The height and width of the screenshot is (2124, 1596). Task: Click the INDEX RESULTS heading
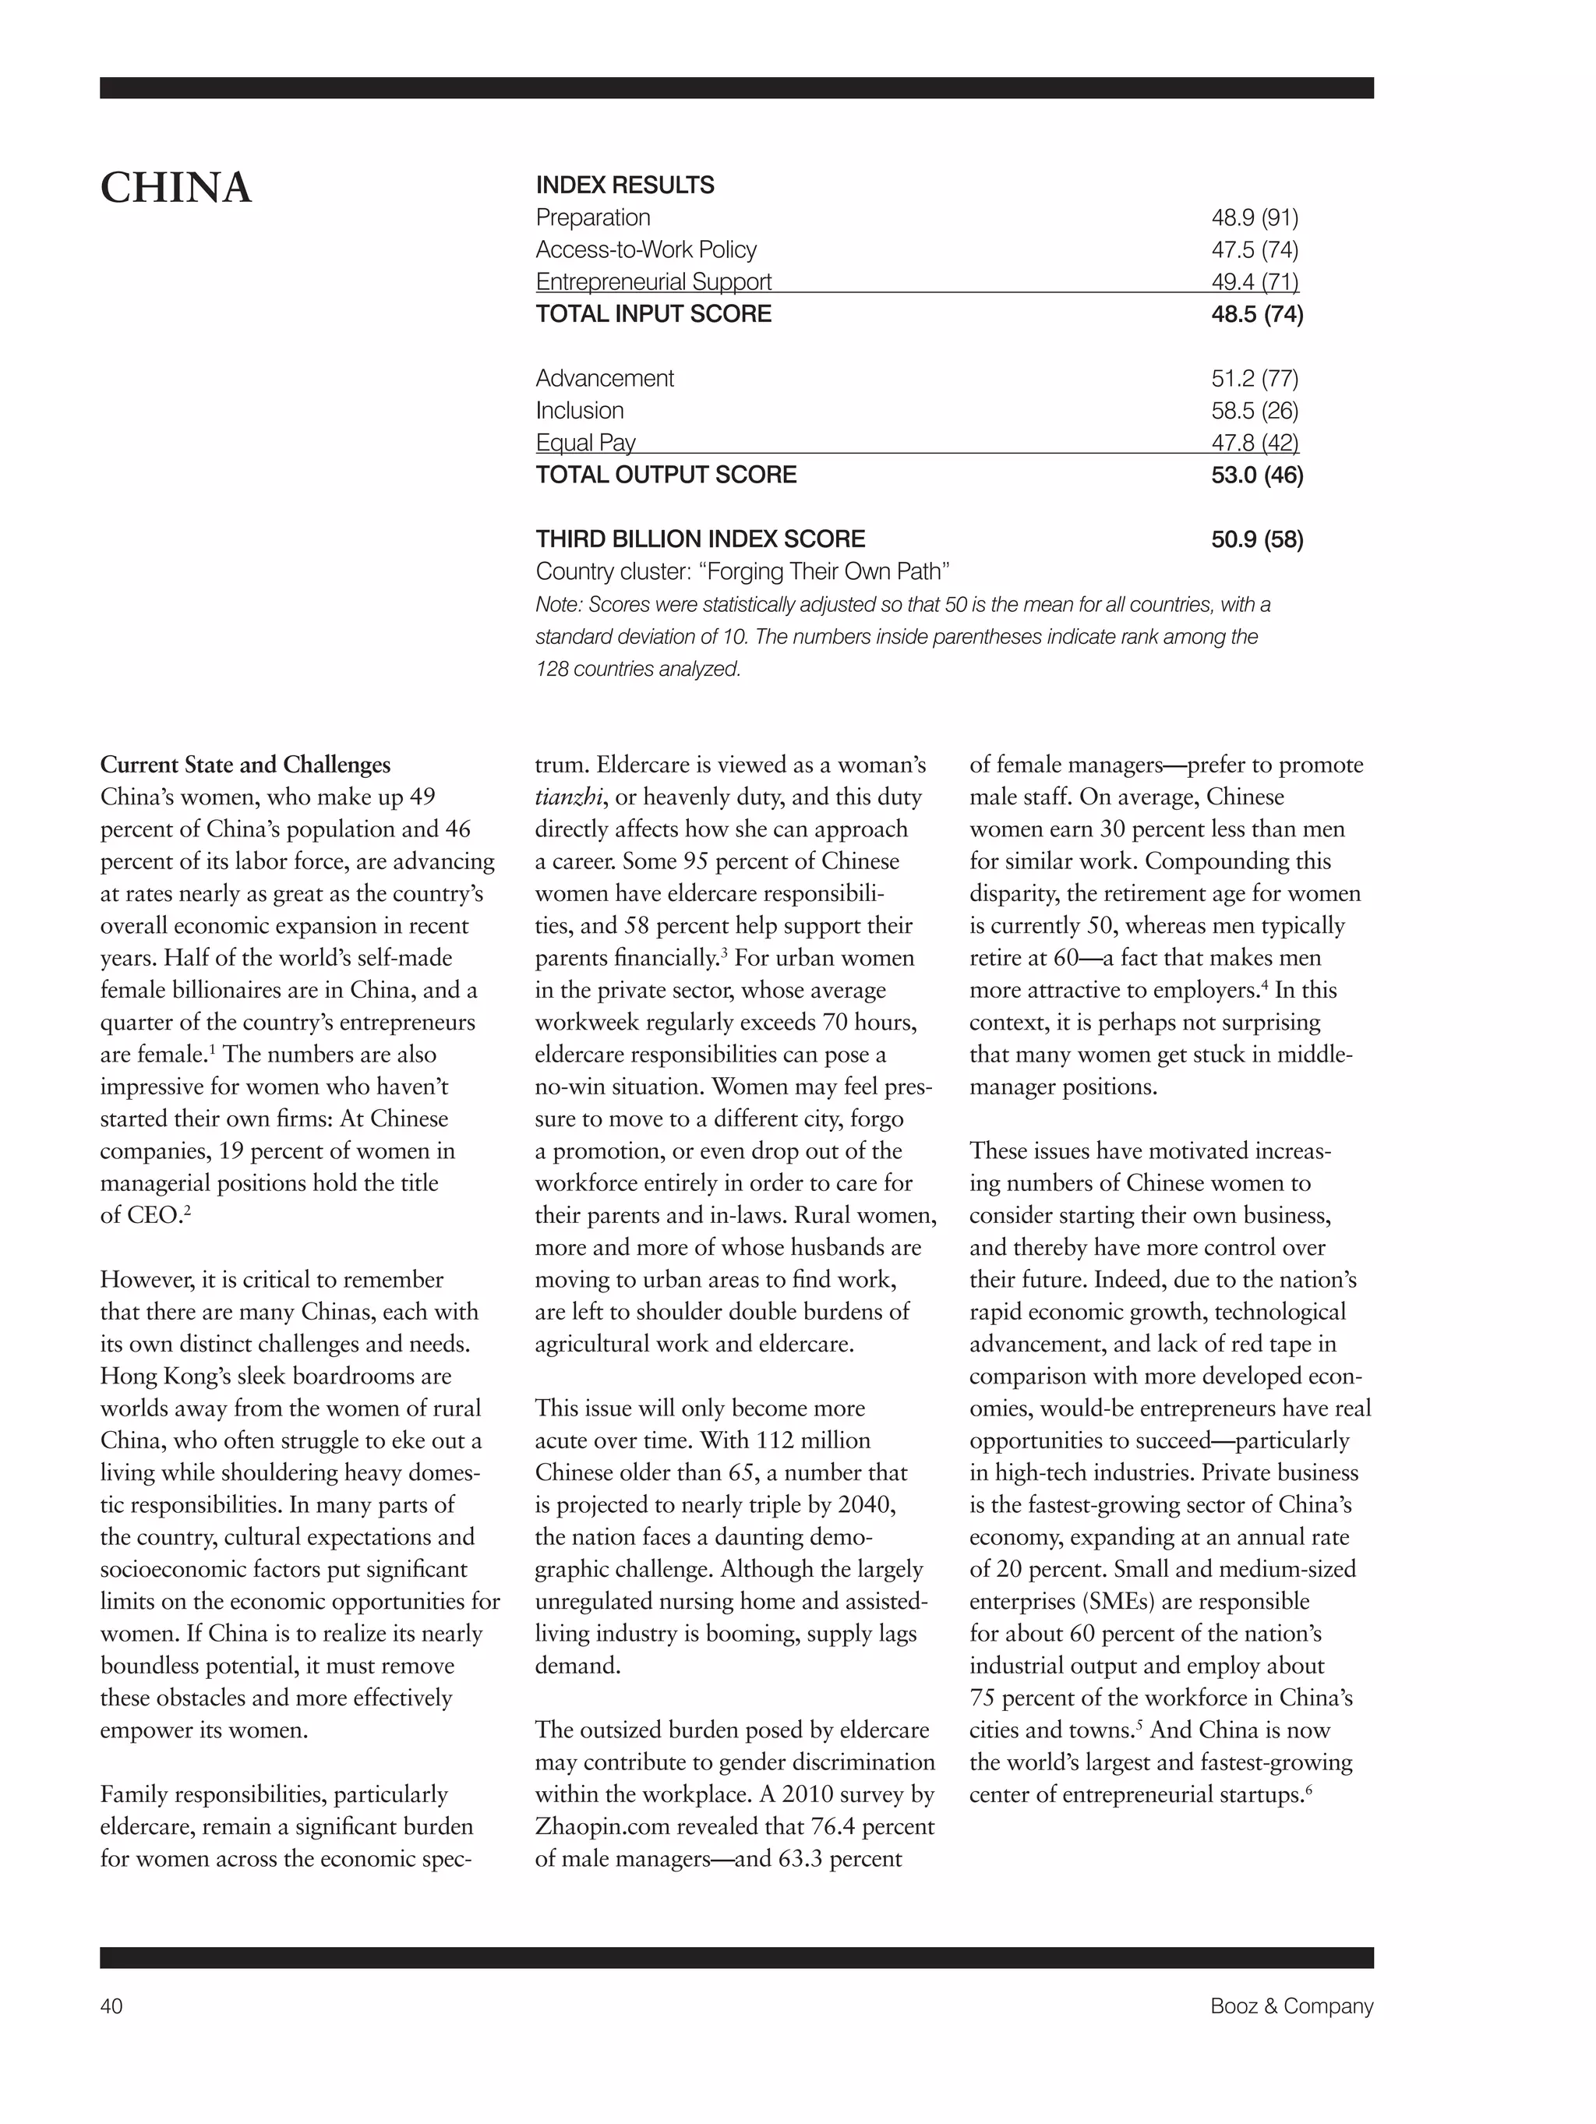624,186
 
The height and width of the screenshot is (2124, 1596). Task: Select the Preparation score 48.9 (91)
1254,218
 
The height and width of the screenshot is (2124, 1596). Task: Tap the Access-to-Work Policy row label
645,249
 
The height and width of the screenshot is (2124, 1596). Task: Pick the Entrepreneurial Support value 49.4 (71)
1254,281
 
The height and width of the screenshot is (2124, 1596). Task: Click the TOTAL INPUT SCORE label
653,314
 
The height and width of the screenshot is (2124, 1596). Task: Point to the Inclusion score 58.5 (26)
1254,411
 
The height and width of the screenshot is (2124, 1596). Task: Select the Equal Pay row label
584,443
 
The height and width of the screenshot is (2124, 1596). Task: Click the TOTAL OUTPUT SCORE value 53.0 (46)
1256,475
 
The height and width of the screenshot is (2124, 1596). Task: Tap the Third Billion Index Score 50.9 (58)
1256,539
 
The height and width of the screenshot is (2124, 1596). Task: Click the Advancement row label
604,378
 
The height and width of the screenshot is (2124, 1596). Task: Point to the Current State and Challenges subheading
245,765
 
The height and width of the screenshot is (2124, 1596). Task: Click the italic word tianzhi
567,797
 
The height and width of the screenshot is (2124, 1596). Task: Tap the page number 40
111,2006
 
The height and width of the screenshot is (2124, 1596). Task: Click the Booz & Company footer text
1291,2006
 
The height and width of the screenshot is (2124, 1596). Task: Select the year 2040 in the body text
868,1504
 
